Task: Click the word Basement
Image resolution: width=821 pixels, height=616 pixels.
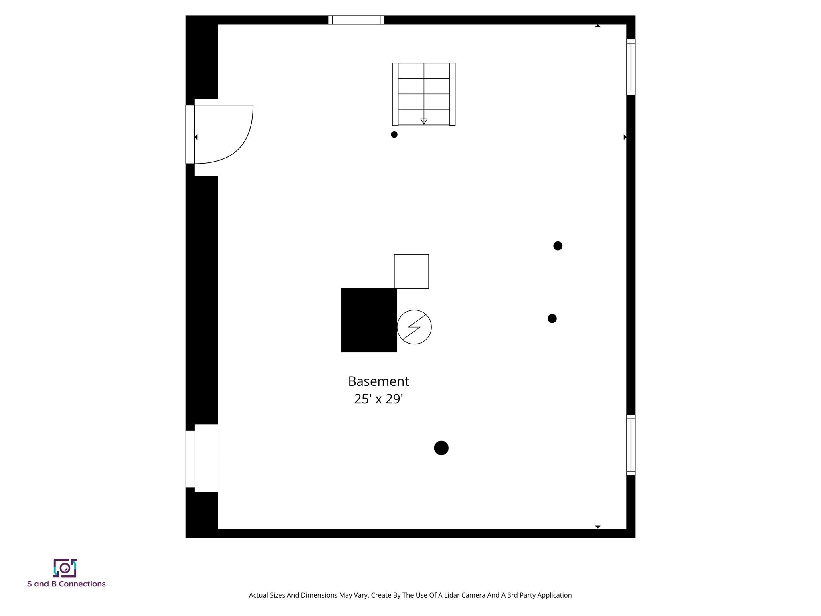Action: point(378,381)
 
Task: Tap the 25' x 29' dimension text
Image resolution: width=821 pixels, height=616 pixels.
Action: point(378,399)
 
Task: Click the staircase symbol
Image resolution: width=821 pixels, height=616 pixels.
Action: point(424,94)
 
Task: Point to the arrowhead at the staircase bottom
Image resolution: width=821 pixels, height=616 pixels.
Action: point(424,122)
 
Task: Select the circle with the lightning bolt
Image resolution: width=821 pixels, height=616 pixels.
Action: point(414,327)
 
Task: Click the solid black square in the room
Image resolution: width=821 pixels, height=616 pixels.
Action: point(369,320)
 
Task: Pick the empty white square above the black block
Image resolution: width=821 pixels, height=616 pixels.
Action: point(411,271)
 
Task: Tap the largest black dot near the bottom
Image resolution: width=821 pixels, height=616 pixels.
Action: point(441,448)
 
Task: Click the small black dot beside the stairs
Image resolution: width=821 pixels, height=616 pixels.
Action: point(394,134)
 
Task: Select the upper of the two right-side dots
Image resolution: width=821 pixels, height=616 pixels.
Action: point(558,246)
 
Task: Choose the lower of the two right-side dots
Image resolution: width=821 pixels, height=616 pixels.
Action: point(552,318)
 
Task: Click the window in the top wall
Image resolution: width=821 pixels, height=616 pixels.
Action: point(356,20)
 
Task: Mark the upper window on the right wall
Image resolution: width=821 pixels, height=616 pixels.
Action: point(631,67)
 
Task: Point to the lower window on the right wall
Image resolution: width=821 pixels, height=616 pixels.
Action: point(631,445)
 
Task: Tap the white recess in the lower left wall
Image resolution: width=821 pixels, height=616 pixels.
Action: point(206,458)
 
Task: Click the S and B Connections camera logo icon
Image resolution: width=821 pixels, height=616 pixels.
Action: point(65,568)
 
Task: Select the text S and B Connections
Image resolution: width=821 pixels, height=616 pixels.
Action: point(67,584)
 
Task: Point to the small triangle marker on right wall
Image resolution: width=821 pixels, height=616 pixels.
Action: point(625,137)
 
